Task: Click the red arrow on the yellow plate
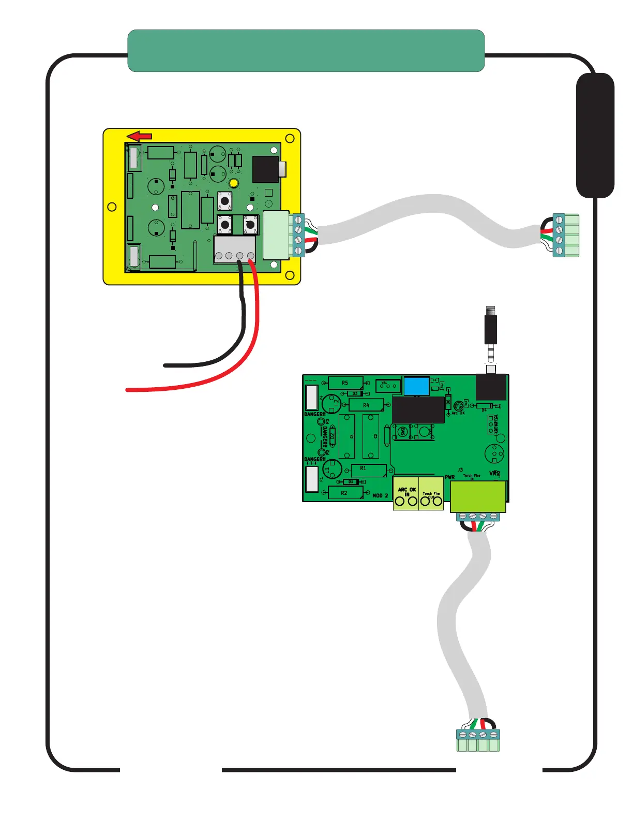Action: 140,137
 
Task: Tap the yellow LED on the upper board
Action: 233,183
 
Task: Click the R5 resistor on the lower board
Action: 345,383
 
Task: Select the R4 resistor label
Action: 366,405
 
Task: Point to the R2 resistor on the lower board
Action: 345,493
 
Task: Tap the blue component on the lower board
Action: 416,386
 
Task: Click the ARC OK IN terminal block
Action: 406,494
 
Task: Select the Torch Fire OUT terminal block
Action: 431,494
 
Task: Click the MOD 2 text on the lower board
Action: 380,495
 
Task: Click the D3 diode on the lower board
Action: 355,394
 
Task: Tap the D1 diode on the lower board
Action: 351,482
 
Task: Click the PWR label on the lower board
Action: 450,477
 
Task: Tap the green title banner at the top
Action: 306,51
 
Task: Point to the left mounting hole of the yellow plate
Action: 112,207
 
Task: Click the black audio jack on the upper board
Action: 266,169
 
